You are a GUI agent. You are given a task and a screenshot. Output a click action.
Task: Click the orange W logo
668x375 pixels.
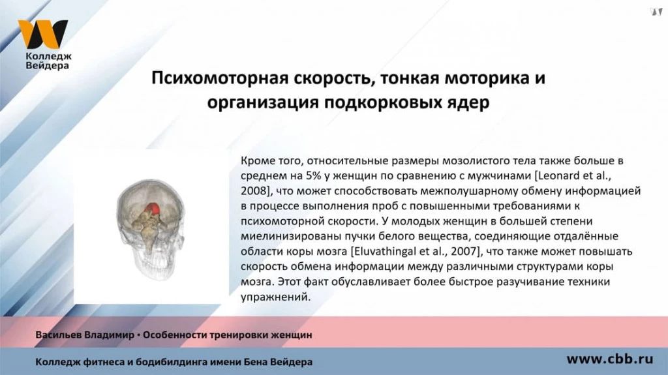click(42, 34)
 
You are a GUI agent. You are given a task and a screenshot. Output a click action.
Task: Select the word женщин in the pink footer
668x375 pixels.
click(293, 335)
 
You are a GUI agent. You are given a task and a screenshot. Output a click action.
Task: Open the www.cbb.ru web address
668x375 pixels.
click(609, 359)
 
